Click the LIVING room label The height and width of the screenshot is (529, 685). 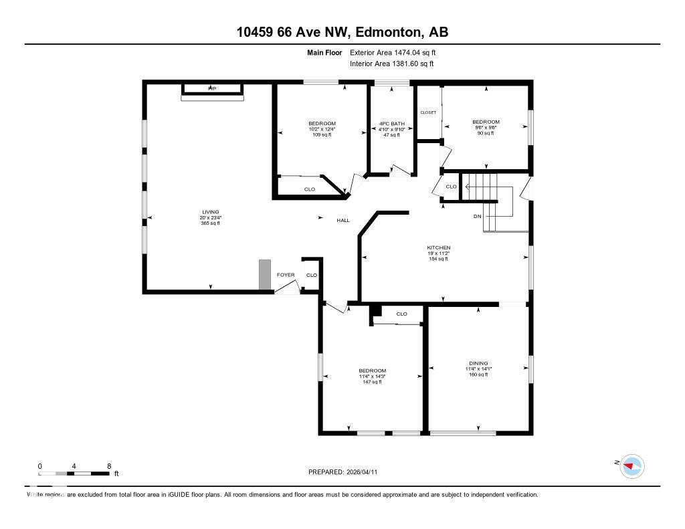[x=211, y=212]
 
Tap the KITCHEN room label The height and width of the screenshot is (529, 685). [x=439, y=247]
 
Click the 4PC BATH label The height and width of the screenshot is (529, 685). [x=391, y=123]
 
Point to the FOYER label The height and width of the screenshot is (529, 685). [x=286, y=275]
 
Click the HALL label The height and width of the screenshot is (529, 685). [x=342, y=220]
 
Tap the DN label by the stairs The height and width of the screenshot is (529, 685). [x=477, y=216]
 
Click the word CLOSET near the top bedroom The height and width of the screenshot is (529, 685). [x=428, y=112]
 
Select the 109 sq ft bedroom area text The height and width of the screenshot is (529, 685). [x=322, y=134]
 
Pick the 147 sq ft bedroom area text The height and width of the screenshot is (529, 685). [x=372, y=382]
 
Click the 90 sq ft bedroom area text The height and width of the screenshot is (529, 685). [x=486, y=133]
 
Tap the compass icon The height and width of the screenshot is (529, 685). [x=631, y=465]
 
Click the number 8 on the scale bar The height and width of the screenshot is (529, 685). [x=108, y=465]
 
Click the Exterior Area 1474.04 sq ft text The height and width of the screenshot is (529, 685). [x=393, y=52]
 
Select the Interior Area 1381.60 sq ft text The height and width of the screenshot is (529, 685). [x=391, y=64]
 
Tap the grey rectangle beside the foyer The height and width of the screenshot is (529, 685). [x=265, y=275]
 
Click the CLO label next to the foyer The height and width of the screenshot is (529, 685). [x=311, y=275]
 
